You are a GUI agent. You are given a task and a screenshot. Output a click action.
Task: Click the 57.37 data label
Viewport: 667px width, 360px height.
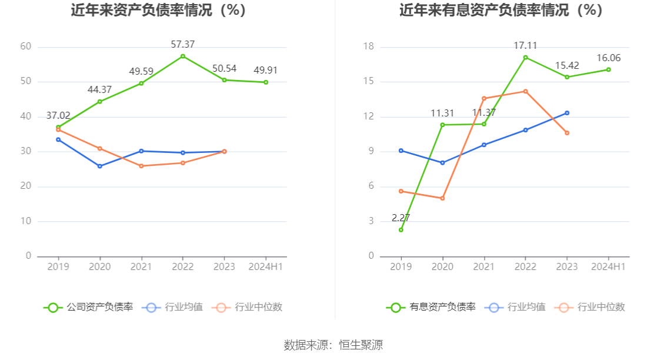[x=183, y=44]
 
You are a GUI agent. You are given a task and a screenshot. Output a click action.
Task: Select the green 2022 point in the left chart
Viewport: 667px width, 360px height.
[x=183, y=56]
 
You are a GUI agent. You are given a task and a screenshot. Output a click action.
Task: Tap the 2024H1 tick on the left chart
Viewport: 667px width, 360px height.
[x=265, y=266]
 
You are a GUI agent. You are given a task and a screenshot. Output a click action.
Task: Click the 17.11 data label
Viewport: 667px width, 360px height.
[x=525, y=45]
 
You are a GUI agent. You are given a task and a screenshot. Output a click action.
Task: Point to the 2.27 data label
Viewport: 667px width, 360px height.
[x=401, y=218]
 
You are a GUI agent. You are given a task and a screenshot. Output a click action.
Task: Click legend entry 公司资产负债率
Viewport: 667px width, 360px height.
[x=88, y=307]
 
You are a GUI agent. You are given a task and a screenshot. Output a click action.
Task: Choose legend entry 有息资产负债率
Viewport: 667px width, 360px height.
[x=431, y=307]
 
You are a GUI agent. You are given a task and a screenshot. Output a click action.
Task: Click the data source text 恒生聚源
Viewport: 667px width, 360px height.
[x=361, y=345]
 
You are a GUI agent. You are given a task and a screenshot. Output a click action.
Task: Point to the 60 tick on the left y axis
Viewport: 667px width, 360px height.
[x=25, y=46]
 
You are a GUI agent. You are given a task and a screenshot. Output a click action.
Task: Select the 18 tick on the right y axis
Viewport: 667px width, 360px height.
[x=368, y=46]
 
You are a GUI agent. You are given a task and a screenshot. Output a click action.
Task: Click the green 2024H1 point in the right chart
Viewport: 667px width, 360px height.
[x=608, y=69]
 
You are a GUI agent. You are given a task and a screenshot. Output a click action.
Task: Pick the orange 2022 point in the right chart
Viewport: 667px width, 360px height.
[x=525, y=91]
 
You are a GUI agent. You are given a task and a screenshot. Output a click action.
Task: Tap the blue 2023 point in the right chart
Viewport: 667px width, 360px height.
[x=567, y=113]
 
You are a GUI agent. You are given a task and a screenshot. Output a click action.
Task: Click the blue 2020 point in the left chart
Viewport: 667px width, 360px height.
[x=99, y=166]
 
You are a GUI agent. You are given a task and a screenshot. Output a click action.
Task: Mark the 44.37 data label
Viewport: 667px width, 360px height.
[x=99, y=89]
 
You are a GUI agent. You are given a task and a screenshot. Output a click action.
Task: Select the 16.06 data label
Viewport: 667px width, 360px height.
[x=608, y=58]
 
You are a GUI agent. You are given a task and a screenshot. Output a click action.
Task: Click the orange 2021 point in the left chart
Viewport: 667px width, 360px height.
[x=141, y=166]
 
